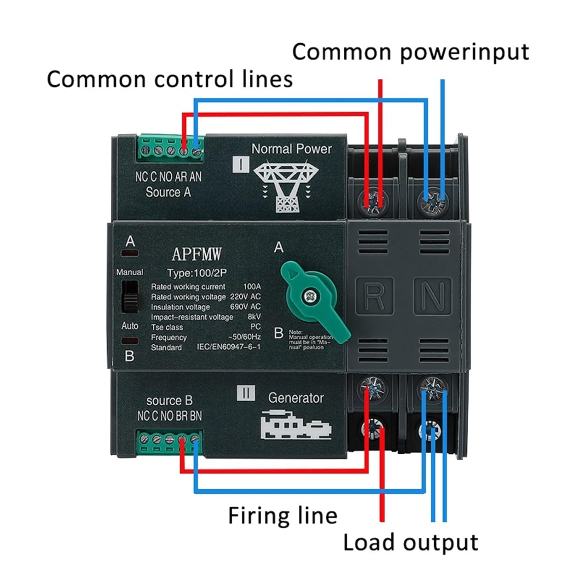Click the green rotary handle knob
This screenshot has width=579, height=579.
point(315,299)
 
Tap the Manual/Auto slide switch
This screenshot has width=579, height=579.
point(130,296)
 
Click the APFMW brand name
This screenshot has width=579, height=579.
point(197,254)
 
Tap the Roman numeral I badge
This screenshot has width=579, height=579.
point(241,164)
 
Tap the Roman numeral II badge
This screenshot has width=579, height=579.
point(246,393)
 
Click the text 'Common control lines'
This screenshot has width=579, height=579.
point(170,79)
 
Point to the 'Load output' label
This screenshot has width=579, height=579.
point(410,542)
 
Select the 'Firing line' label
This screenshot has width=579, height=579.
point(283,515)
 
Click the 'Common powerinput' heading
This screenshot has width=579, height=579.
point(410,52)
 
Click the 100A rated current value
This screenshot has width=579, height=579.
point(252,286)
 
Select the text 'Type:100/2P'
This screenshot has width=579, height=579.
point(197,273)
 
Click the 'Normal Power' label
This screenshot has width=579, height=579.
point(291,149)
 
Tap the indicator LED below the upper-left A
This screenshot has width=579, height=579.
point(130,253)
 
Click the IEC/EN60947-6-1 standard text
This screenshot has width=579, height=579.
point(229,347)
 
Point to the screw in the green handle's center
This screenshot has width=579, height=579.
point(309,296)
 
